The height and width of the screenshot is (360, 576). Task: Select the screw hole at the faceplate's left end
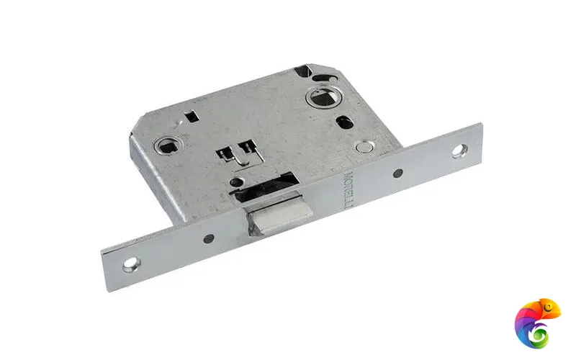(130, 264)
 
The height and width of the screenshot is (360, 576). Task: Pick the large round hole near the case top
(318, 96)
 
